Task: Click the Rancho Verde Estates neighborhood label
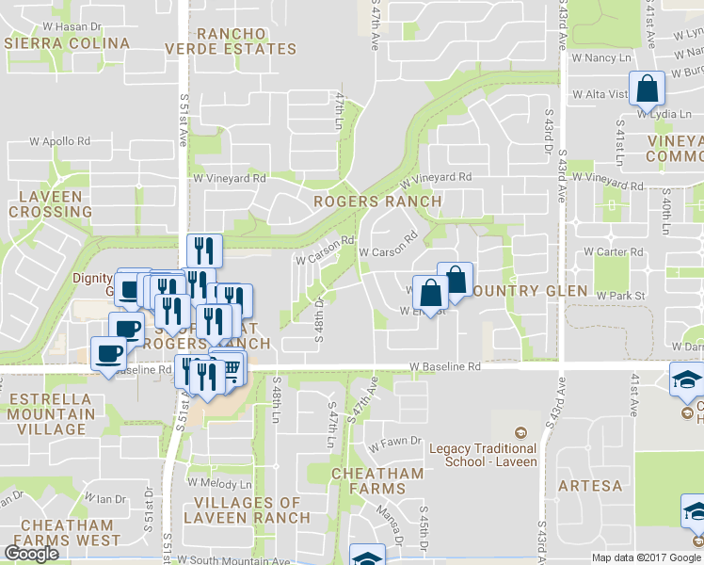[231, 41]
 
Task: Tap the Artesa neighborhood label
[590, 486]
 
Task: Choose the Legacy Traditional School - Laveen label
[483, 455]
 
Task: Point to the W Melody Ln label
[217, 483]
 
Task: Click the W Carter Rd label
[613, 252]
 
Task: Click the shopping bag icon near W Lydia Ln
[647, 89]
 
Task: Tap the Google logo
[31, 554]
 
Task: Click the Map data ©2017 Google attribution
[647, 557]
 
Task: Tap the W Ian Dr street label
[104, 498]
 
